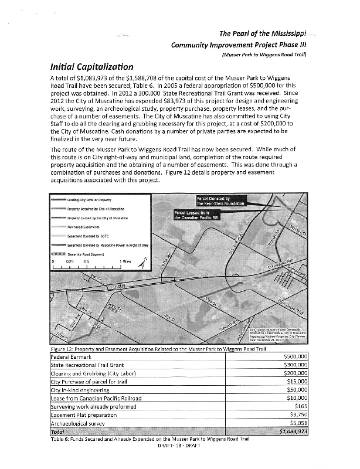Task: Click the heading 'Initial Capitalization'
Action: coord(93,67)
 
